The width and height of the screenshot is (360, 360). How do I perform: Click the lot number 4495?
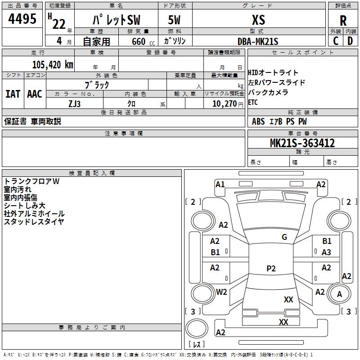point(22,19)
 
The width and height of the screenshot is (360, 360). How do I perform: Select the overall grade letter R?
point(343,20)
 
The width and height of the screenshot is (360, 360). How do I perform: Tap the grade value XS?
point(259,20)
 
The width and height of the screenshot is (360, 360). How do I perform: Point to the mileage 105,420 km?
point(53,64)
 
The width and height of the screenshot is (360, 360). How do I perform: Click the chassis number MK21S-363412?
point(302,143)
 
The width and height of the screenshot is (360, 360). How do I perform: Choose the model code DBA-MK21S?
point(258,41)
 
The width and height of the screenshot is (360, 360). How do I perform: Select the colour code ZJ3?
point(75,103)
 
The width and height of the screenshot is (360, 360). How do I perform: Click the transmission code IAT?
point(13,94)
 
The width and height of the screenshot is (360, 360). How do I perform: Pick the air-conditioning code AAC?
point(35,94)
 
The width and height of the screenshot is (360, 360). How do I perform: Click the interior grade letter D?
point(350,41)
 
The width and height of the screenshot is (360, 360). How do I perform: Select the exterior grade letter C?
point(335,41)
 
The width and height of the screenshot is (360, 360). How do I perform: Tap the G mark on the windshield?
point(284,237)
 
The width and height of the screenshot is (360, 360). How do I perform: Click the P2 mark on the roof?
point(271,269)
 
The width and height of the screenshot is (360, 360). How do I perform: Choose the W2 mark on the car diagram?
point(221,292)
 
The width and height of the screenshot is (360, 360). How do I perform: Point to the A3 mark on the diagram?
point(326,252)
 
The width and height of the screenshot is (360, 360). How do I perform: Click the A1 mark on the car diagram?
point(220,184)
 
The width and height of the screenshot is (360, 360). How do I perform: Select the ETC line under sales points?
point(253,103)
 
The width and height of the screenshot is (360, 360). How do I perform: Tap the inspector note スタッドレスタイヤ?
point(34,221)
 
